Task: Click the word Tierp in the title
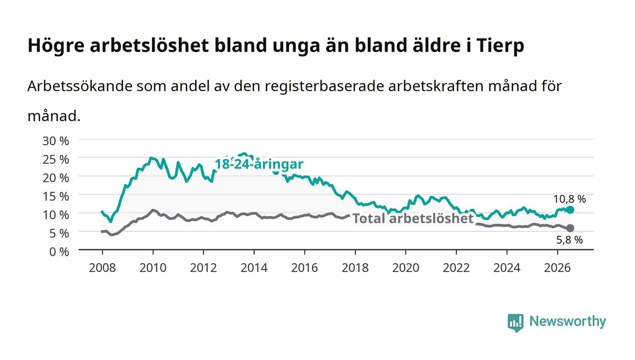[500, 46]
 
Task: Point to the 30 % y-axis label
[55, 141]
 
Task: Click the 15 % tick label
[55, 196]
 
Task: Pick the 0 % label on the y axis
[59, 252]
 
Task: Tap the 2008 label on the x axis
[103, 268]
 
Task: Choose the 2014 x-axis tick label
[254, 268]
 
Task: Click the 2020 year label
[405, 268]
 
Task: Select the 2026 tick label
[557, 268]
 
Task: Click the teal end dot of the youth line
[570, 210]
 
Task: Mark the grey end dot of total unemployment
[570, 228]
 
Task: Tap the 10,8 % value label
[570, 199]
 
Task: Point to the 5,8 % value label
[570, 240]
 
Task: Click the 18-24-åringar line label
[259, 164]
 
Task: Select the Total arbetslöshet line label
[413, 219]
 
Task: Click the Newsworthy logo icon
[515, 323]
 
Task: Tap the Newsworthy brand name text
[567, 321]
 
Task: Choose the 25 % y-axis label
[55, 160]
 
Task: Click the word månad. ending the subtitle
[54, 116]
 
